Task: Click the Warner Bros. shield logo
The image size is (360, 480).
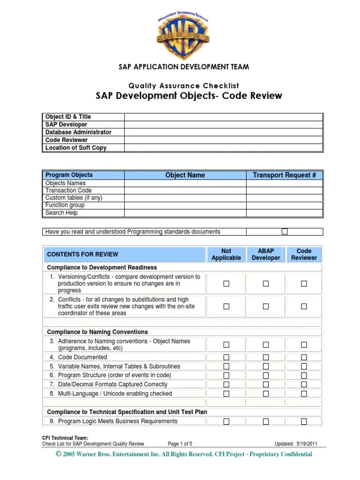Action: (183, 35)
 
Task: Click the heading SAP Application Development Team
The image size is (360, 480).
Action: (183, 67)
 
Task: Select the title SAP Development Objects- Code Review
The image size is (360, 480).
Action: (189, 96)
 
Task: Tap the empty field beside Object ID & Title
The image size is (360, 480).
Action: (223, 117)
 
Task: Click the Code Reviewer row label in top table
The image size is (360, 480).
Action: (67, 140)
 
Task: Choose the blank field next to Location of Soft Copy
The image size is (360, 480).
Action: (223, 148)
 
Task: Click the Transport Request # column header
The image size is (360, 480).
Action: (285, 175)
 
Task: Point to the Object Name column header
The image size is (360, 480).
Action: (185, 175)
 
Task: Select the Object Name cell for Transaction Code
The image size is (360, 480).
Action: (185, 191)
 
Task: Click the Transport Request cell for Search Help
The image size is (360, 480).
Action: (285, 213)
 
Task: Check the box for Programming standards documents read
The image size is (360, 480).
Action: (285, 232)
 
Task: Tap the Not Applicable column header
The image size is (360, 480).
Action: (226, 255)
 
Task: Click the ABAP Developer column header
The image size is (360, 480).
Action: (266, 255)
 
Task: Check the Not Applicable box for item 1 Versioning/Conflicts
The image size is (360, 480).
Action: (226, 284)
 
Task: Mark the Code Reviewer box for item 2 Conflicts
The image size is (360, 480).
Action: (304, 307)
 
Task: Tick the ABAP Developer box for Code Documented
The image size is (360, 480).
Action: (266, 357)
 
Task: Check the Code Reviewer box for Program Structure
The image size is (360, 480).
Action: (304, 375)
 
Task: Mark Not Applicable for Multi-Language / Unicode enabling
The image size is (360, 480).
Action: (226, 394)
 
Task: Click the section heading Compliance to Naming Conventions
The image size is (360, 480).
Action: (97, 332)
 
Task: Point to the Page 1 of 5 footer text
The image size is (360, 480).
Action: (180, 443)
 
